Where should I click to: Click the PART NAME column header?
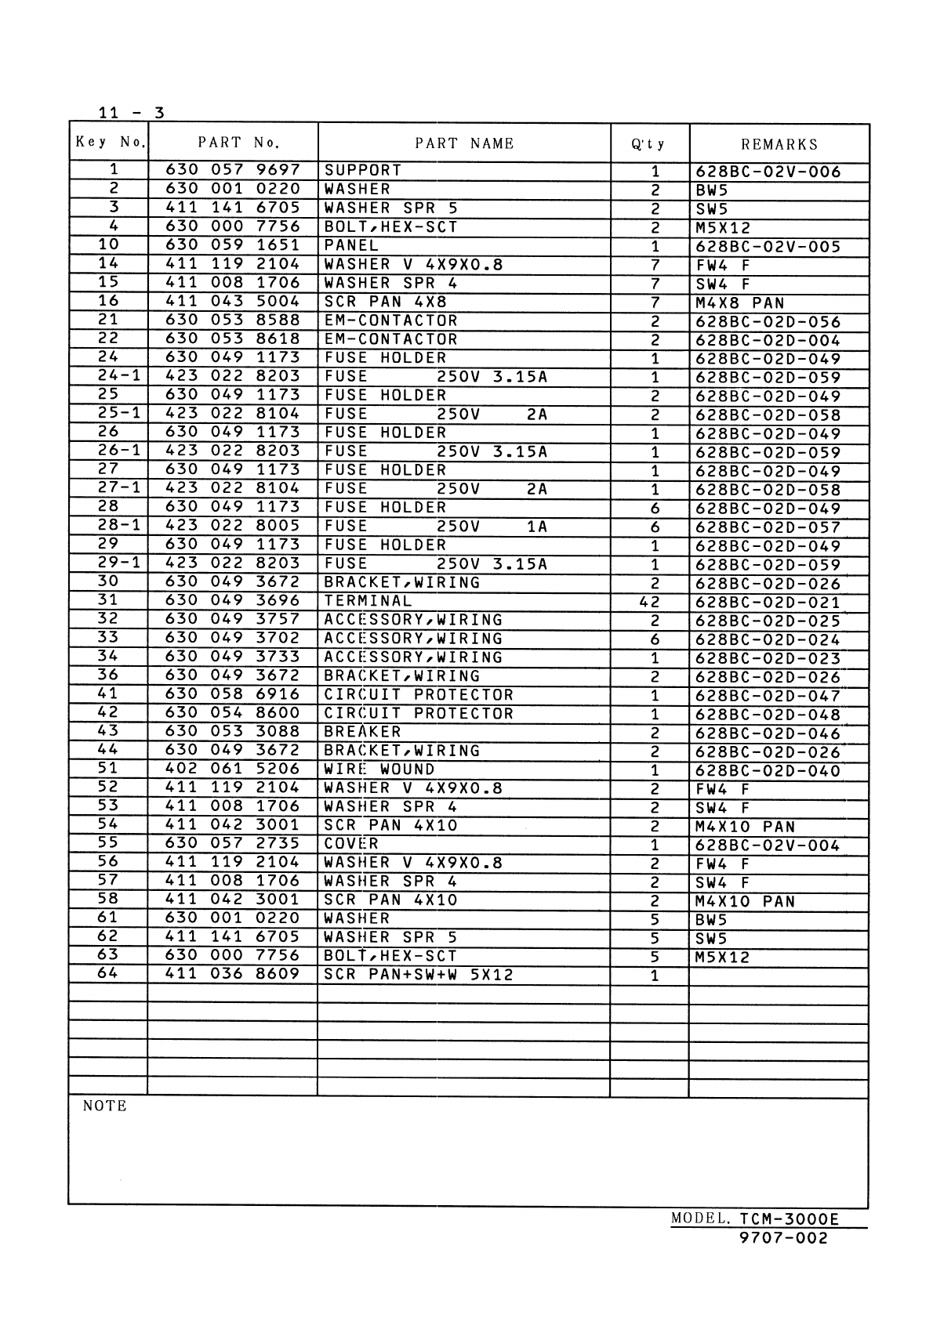coord(464,143)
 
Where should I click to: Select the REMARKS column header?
coord(779,144)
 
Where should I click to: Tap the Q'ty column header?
coord(648,144)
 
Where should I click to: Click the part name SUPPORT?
coord(362,170)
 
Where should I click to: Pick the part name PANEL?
coord(351,245)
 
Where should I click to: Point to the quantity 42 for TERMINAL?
coord(650,603)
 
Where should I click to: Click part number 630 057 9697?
coord(233,170)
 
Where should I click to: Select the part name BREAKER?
coord(362,732)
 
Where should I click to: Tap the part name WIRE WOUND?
coord(379,769)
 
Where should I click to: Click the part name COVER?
coord(351,844)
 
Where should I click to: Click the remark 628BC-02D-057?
coord(768,527)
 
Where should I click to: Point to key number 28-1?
coord(119,526)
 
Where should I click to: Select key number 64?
coord(107,974)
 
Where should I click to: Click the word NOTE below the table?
coord(104,1106)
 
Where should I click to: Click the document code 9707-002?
coord(783,1238)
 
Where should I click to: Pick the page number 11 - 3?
coord(131,113)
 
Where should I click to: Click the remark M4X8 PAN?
coord(739,303)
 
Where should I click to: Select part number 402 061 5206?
coord(233,769)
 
